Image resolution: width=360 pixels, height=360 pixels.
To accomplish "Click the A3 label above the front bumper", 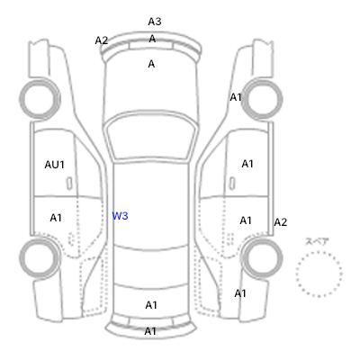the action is (x=155, y=22).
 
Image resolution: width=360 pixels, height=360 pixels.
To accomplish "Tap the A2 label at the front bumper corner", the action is (x=102, y=40).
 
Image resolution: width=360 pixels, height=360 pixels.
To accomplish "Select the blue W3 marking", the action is (x=120, y=216).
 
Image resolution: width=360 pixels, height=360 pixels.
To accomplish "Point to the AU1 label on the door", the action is (x=54, y=165).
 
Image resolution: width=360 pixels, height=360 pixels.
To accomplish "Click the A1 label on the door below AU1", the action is (x=56, y=218).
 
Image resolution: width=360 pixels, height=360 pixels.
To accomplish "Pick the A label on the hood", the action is (x=151, y=64).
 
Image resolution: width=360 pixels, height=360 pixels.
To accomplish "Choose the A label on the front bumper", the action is (x=152, y=39).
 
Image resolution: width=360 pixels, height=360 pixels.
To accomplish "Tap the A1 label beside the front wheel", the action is (x=236, y=97).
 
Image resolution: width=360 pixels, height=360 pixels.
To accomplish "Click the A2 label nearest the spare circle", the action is (x=281, y=222).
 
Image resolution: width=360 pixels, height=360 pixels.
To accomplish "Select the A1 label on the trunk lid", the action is (x=151, y=305).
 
